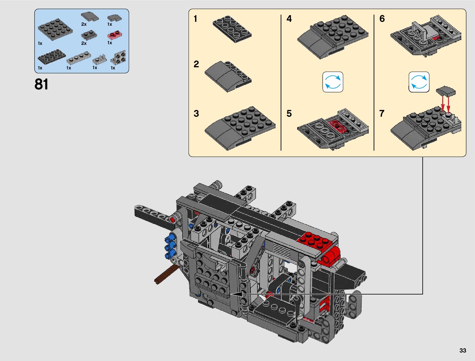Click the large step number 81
(x=41, y=84)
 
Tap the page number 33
(x=463, y=350)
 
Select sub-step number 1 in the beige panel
(x=195, y=18)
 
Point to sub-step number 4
(x=289, y=18)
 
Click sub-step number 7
(x=382, y=113)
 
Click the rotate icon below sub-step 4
(x=333, y=82)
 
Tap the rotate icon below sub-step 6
(x=419, y=82)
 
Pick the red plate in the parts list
(x=115, y=35)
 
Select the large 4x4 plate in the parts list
(x=55, y=29)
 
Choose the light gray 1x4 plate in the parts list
(x=79, y=58)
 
